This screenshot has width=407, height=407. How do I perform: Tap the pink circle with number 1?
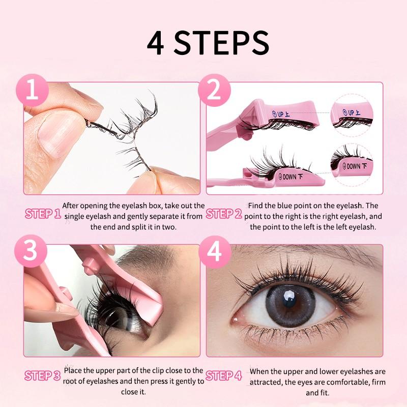pos(33,93)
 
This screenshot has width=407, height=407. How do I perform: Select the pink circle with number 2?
pos(215,93)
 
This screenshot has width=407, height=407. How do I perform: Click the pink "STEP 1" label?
pos(43,214)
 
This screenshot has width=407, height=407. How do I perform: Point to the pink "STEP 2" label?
pos(224,214)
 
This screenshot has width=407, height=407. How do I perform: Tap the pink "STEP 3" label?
pos(43,376)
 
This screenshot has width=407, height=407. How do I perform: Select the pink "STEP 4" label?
pos(224,376)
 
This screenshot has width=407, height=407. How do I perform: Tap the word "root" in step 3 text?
pos(73,381)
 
